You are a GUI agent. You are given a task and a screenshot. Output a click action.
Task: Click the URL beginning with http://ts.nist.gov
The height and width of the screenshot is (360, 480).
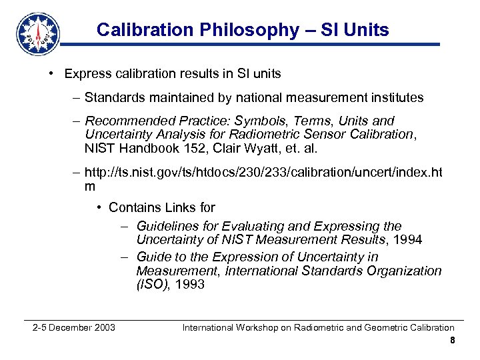(263, 173)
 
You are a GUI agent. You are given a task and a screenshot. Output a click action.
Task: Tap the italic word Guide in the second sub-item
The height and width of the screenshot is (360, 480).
(153, 257)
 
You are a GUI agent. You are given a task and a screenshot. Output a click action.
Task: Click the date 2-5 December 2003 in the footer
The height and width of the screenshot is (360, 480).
(74, 327)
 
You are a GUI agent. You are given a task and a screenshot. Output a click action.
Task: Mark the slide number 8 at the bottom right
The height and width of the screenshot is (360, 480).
(452, 341)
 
